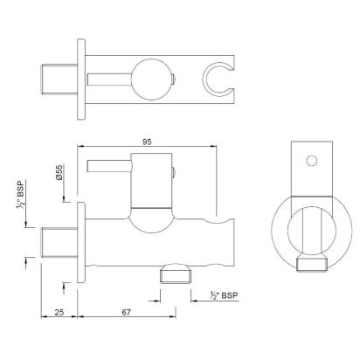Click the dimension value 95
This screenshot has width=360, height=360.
pyautogui.click(x=147, y=142)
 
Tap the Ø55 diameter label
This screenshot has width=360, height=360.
pyautogui.click(x=59, y=172)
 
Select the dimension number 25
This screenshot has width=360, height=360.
pyautogui.click(x=59, y=312)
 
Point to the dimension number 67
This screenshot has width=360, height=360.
pyautogui.click(x=126, y=312)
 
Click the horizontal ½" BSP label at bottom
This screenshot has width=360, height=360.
pyautogui.click(x=224, y=295)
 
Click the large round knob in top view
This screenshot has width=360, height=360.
pyautogui.click(x=152, y=80)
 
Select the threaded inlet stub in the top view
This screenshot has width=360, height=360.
pyautogui.click(x=59, y=79)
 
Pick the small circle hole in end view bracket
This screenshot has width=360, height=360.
pyautogui.click(x=312, y=161)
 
